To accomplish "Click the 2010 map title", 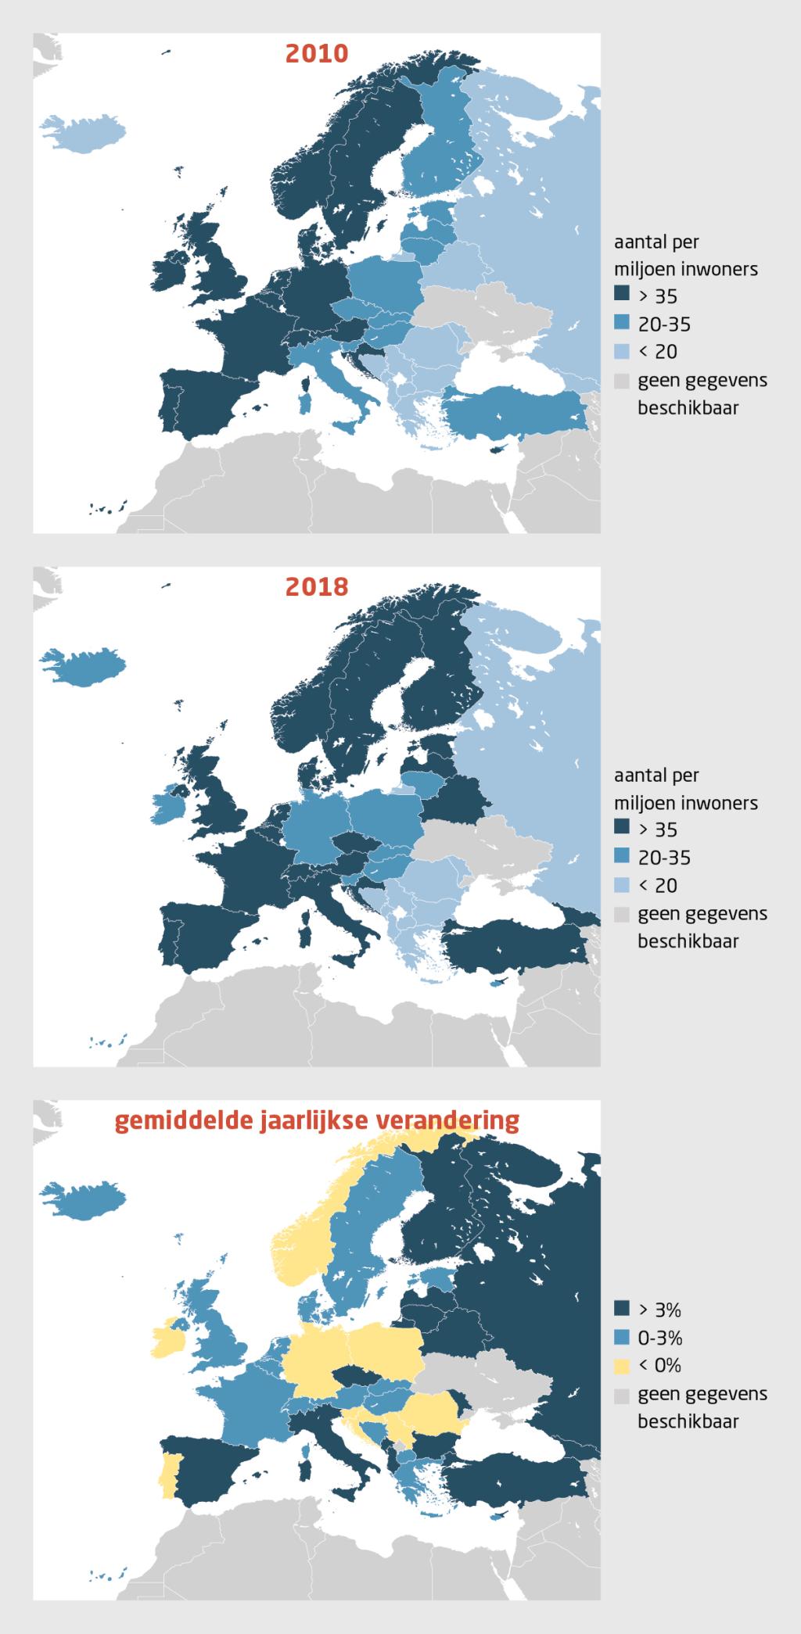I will tap(316, 53).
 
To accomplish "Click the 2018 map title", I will tap(316, 586).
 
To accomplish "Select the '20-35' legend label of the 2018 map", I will tap(664, 858).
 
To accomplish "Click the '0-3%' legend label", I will tap(660, 1338).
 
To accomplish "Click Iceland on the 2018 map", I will tap(86, 667).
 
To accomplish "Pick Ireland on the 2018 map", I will tap(171, 803).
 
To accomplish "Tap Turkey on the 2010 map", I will tap(516, 411).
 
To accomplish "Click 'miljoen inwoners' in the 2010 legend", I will tap(685, 269).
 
